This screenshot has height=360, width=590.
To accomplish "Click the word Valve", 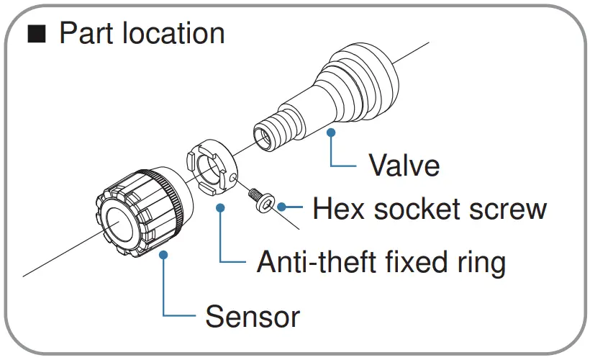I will [404, 166].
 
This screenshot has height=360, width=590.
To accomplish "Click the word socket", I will [414, 210].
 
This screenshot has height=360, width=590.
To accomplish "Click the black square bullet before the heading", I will [35, 34].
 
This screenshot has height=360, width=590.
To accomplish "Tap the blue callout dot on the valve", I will [331, 132].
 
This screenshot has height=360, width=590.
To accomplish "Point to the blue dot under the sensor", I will [163, 253].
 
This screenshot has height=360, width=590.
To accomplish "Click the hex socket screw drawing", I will [260, 199].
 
